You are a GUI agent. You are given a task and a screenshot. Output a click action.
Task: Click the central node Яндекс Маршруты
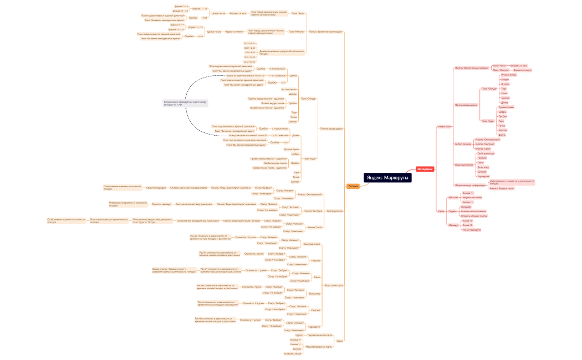[387, 177]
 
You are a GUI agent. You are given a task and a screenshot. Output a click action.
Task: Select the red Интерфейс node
[425, 168]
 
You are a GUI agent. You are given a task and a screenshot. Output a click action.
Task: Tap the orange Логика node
[353, 186]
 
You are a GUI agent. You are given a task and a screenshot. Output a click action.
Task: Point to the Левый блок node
[445, 126]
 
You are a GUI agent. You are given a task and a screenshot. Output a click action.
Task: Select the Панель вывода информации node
[470, 184]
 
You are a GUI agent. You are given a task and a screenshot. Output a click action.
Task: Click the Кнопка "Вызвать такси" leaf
[502, 188]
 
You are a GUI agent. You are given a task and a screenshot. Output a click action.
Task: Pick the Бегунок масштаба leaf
[472, 197]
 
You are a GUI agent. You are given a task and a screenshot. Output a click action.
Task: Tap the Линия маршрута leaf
[471, 230]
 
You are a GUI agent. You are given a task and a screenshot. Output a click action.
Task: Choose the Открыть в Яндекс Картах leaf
[474, 215]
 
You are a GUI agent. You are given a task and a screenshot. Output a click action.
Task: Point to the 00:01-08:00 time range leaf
[249, 43]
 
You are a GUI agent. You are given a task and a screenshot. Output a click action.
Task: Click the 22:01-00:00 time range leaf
[249, 61]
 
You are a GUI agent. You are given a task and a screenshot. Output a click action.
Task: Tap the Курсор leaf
[299, 335]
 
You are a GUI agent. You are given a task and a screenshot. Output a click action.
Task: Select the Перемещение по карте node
[320, 335]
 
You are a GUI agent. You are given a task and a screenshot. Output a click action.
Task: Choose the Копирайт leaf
[466, 207]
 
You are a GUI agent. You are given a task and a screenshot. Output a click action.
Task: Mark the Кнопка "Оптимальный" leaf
[488, 140]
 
